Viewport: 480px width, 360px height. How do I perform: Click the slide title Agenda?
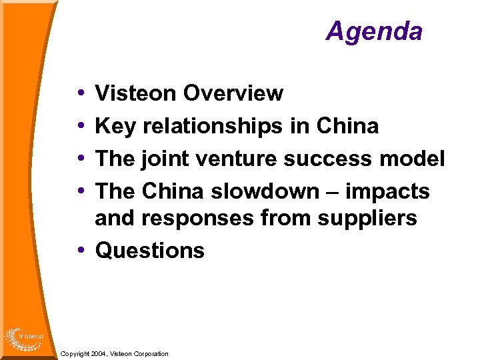pyautogui.click(x=374, y=31)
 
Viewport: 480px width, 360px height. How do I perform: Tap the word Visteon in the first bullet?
pyautogui.click(x=136, y=94)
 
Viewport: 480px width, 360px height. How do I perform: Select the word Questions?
pyautogui.click(x=150, y=251)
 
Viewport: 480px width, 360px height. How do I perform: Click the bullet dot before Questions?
pyautogui.click(x=80, y=251)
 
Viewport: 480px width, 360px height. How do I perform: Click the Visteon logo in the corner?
pyautogui.click(x=24, y=337)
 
